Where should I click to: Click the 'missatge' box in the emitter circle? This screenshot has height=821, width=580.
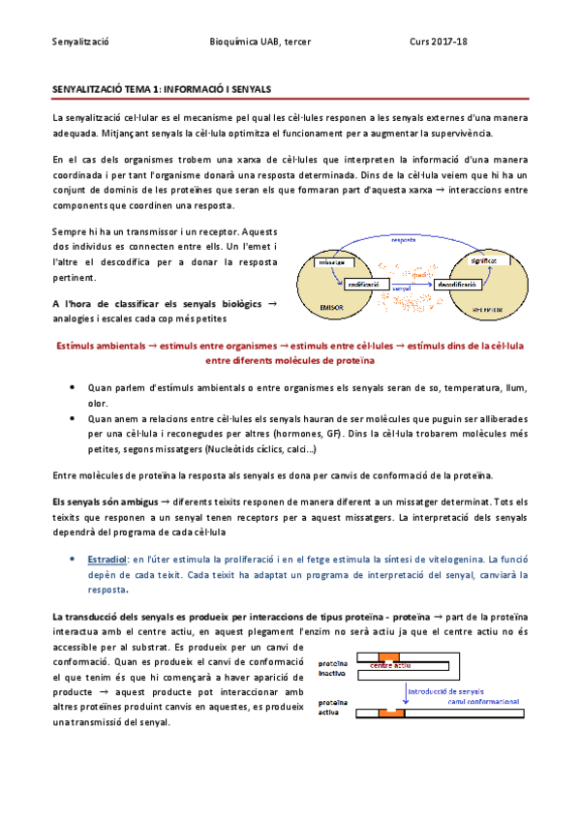[x=335, y=262]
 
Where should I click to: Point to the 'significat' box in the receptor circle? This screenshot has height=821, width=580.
[x=483, y=261]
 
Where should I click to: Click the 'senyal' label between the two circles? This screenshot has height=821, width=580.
[x=406, y=289]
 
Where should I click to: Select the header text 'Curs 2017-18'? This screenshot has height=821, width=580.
[x=438, y=42]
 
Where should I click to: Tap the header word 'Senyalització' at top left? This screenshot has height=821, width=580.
[x=79, y=42]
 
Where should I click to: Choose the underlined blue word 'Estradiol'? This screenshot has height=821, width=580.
[x=107, y=560]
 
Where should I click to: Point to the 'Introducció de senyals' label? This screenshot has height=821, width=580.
[x=445, y=691]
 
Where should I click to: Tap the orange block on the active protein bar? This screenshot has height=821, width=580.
[x=391, y=714]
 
